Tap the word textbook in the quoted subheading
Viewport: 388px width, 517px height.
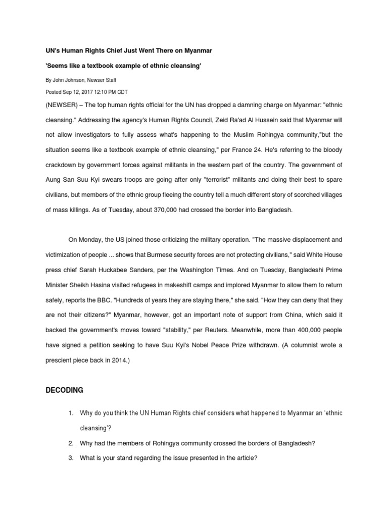coord(110,66)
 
